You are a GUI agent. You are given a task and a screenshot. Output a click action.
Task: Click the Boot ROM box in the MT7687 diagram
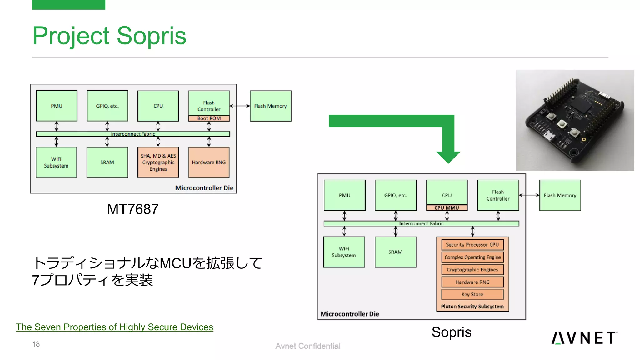pyautogui.click(x=209, y=118)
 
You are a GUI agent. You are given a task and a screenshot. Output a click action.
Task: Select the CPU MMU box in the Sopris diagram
pyautogui.click(x=447, y=208)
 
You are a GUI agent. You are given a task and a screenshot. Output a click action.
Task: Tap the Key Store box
pyautogui.click(x=472, y=294)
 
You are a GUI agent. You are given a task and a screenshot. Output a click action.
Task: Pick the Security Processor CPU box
pyautogui.click(x=472, y=245)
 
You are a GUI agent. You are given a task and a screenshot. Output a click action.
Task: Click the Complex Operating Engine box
pyautogui.click(x=472, y=257)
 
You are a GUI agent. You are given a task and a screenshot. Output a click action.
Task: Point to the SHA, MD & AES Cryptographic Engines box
pyautogui.click(x=158, y=162)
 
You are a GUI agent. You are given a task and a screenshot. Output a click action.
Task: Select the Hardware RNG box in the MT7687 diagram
pyautogui.click(x=209, y=162)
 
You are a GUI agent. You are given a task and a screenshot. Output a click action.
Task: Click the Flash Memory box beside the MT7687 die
pyautogui.click(x=270, y=106)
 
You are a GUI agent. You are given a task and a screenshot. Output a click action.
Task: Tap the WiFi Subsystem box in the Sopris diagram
pyautogui.click(x=344, y=252)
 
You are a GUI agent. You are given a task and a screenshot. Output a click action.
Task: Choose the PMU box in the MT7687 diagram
pyautogui.click(x=57, y=106)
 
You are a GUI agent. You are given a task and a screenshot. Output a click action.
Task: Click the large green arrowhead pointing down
pyautogui.click(x=448, y=156)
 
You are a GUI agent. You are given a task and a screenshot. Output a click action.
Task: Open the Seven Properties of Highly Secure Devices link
pyautogui.click(x=114, y=327)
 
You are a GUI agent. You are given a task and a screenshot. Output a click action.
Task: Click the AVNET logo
pyautogui.click(x=584, y=338)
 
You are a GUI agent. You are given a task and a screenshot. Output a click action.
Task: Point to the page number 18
pyautogui.click(x=36, y=344)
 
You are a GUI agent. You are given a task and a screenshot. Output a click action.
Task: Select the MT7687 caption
pyautogui.click(x=132, y=209)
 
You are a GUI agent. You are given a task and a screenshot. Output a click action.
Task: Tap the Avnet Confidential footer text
pyautogui.click(x=307, y=346)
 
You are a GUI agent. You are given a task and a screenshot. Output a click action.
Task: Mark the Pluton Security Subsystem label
pyautogui.click(x=472, y=307)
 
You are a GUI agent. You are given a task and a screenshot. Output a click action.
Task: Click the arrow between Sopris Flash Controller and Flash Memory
pyautogui.click(x=529, y=195)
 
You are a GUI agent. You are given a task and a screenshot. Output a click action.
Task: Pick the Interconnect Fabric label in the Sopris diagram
pyautogui.click(x=421, y=223)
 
